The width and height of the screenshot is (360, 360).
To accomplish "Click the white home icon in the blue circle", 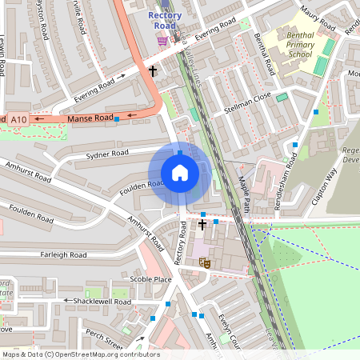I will pyautogui.click(x=180, y=173).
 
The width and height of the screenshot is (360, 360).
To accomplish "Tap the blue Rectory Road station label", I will pyautogui.click(x=165, y=20).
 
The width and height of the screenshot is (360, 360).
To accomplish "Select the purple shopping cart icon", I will pyautogui.click(x=162, y=40).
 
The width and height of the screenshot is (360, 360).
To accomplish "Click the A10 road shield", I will pyautogui.click(x=18, y=119).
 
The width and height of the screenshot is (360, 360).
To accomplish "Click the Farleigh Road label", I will pyautogui.click(x=63, y=254).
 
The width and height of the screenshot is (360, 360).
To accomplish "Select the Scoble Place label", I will pyautogui.click(x=151, y=279).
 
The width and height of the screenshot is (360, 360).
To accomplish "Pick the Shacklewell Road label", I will pyautogui.click(x=100, y=302).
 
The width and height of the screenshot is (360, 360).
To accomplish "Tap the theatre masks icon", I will pyautogui.click(x=204, y=262).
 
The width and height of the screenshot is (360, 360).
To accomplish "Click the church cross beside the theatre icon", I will pyautogui.click(x=202, y=225).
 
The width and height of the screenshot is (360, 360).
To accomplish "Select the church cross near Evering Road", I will pyautogui.click(x=152, y=71).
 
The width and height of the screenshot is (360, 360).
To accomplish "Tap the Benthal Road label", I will pyautogui.click(x=261, y=50).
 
